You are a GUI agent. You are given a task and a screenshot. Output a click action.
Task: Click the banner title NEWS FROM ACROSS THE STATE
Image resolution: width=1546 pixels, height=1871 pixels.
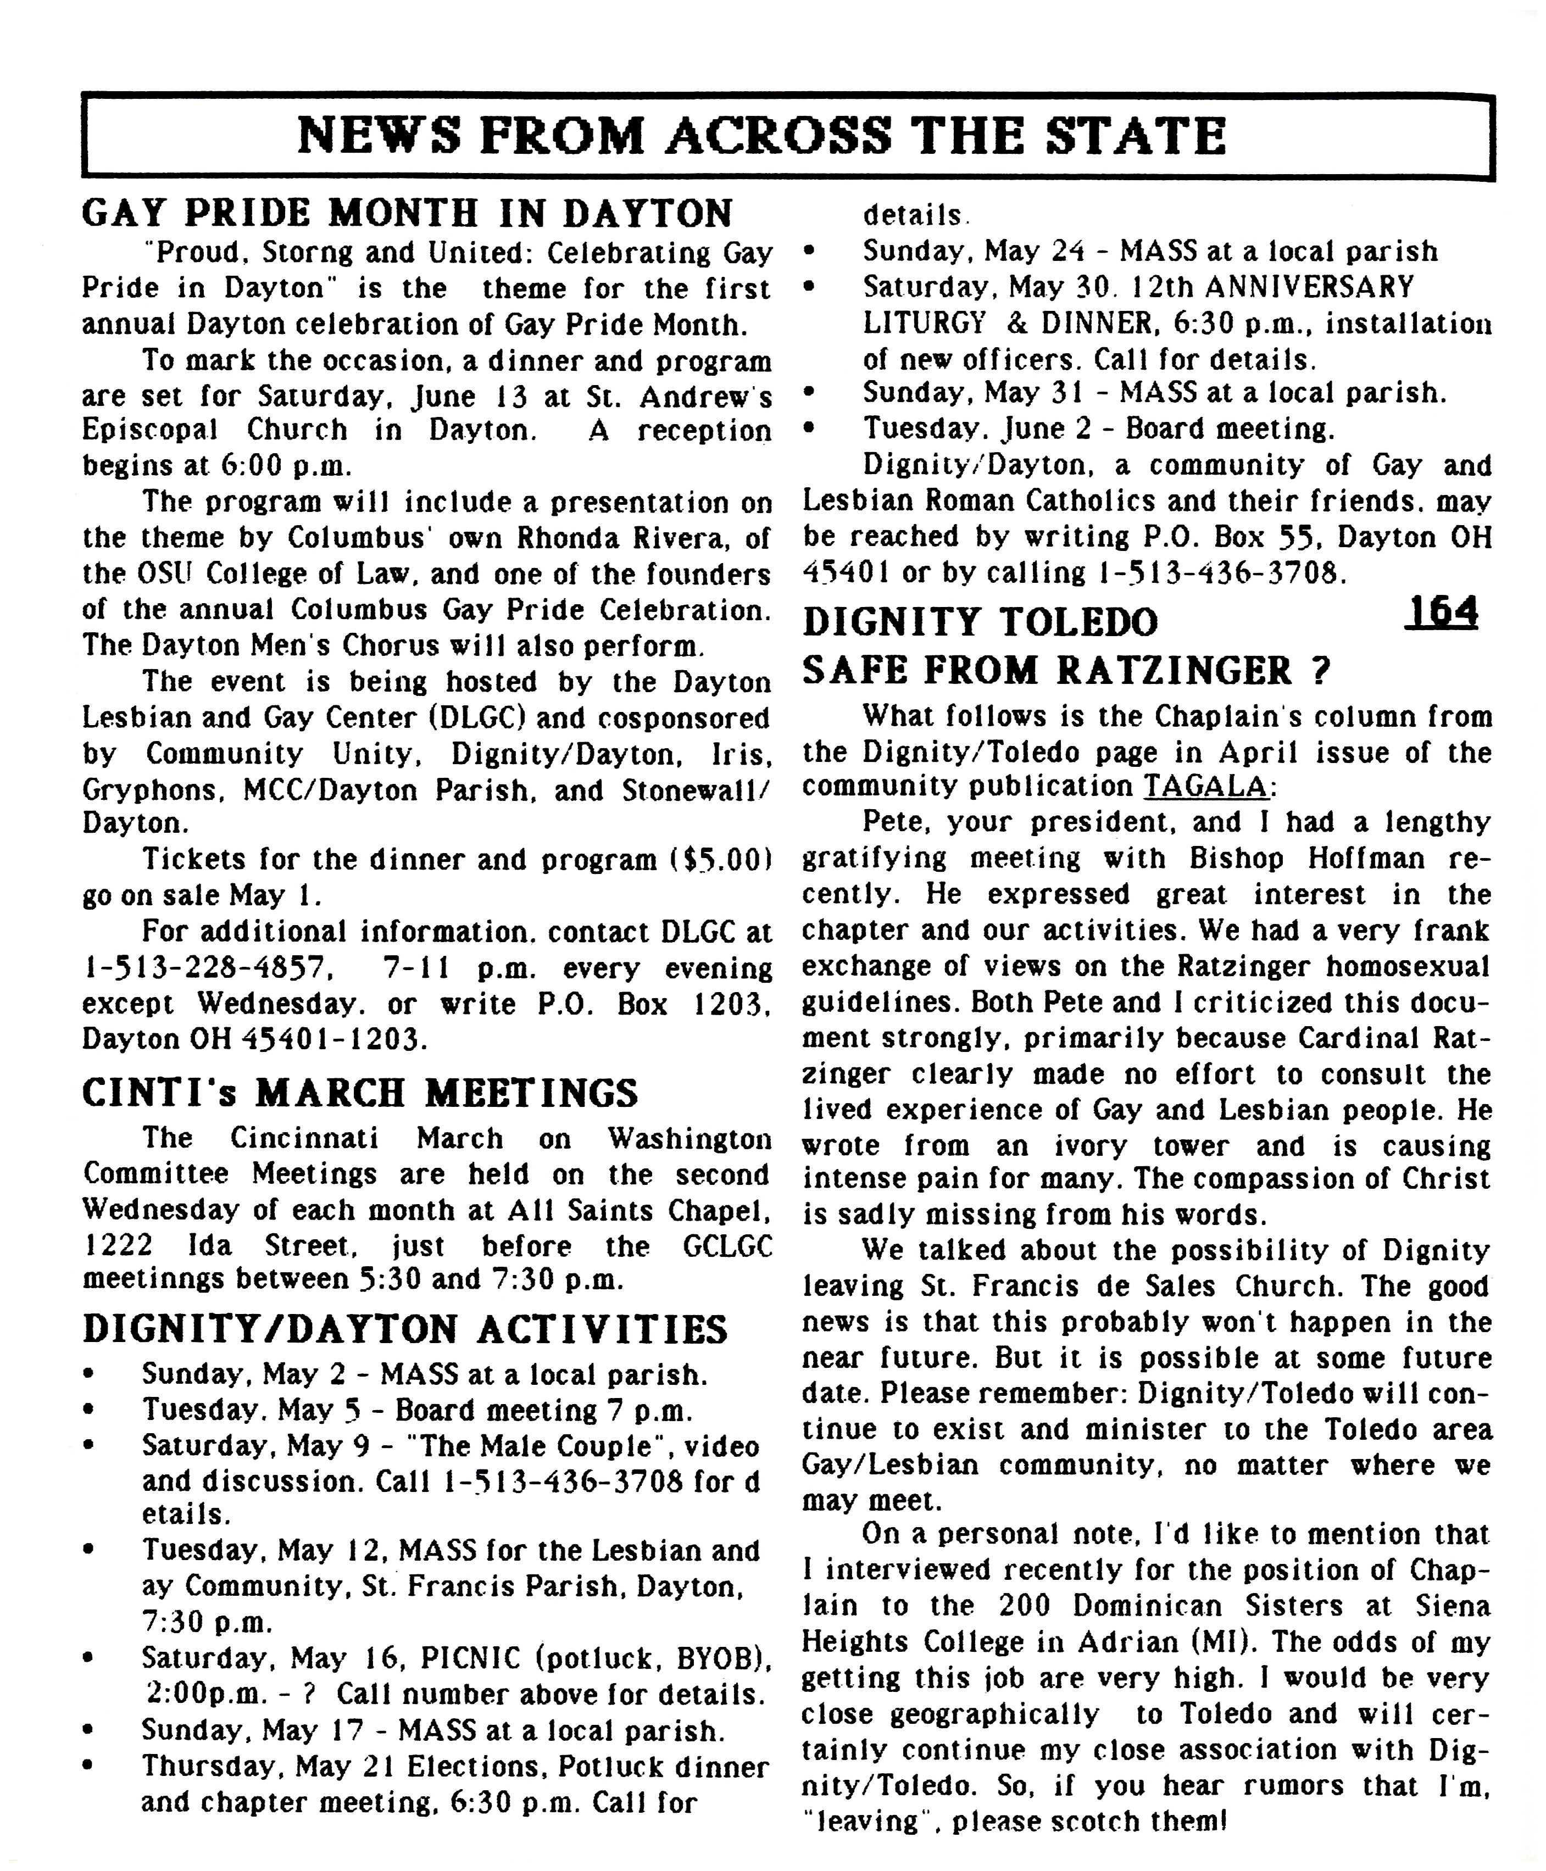pyautogui.click(x=761, y=136)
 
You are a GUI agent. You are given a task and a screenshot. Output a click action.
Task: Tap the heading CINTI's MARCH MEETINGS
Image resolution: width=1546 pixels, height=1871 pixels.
pyautogui.click(x=360, y=1093)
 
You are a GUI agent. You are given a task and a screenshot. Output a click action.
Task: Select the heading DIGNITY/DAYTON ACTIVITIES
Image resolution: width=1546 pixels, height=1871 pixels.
pyautogui.click(x=405, y=1329)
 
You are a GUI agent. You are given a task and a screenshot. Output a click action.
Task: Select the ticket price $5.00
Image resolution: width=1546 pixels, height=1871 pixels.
pyautogui.click(x=722, y=859)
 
